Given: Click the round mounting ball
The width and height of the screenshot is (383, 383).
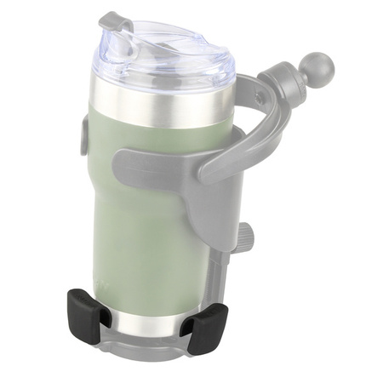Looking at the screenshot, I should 317,65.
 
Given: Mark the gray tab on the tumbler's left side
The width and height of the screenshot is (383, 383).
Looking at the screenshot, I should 85,136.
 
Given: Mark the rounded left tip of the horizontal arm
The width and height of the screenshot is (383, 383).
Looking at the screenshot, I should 123,162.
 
